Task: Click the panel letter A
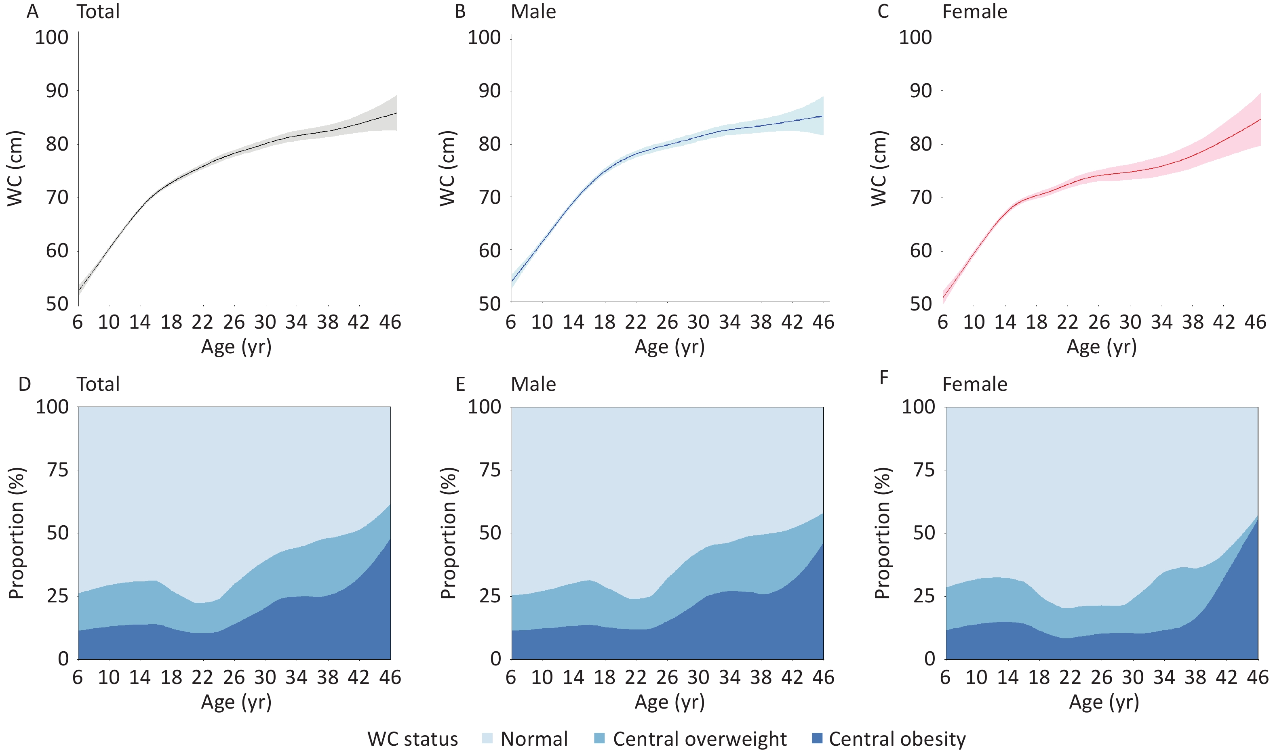(32, 11)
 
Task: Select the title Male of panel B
(533, 11)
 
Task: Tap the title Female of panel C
(974, 11)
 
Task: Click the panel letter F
(883, 378)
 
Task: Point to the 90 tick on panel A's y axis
(57, 91)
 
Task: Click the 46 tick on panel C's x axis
(1255, 322)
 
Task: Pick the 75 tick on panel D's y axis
(57, 470)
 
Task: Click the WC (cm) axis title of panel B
(447, 168)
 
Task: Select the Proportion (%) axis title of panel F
(883, 533)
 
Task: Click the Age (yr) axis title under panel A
(236, 347)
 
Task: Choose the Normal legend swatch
(487, 738)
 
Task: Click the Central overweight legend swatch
(600, 738)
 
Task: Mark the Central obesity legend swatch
(817, 738)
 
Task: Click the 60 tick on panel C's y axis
(920, 251)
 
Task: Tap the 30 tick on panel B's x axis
(698, 322)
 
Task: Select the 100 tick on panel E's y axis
(484, 407)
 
